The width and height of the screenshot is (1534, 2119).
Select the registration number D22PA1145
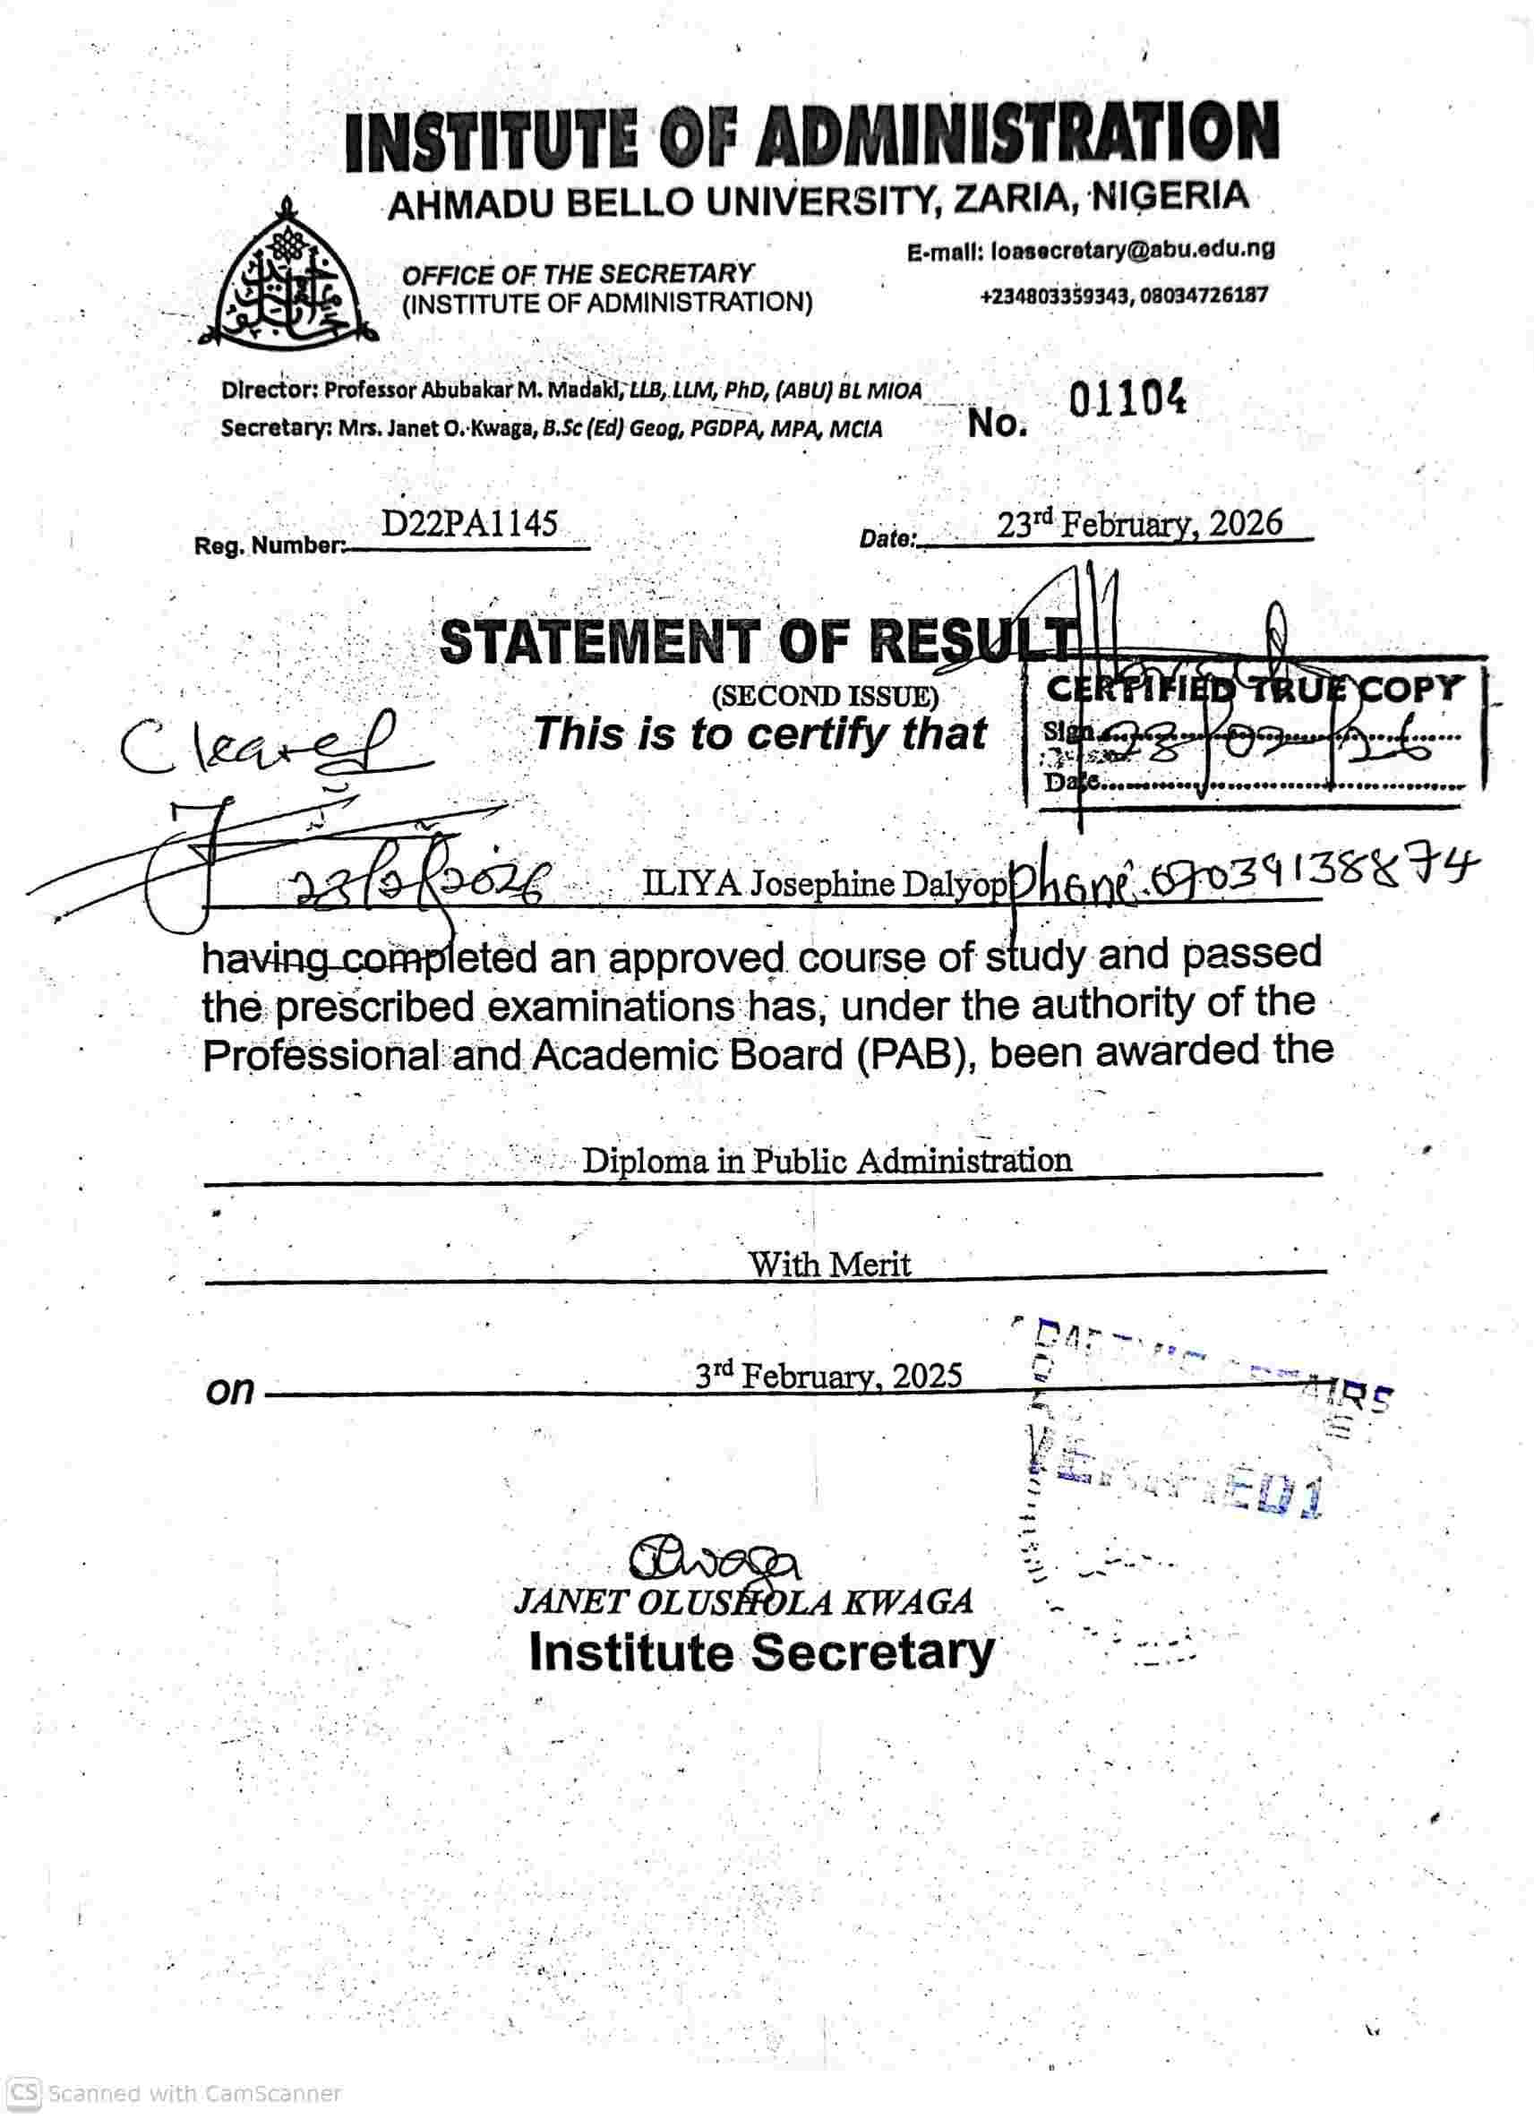tap(469, 524)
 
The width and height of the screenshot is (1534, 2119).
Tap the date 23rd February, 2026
tap(1139, 524)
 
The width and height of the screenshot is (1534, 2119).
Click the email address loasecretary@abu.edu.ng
tap(1133, 251)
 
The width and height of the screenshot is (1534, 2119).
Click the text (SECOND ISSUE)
tap(825, 696)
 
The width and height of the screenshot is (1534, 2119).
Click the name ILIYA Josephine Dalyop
tap(825, 884)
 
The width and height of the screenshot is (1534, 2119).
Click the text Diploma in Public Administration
tap(827, 1162)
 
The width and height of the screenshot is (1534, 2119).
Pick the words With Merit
tap(828, 1265)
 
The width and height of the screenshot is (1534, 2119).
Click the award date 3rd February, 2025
tap(827, 1376)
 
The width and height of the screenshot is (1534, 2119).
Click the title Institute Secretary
tap(761, 1651)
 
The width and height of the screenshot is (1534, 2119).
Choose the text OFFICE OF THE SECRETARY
tap(578, 274)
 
